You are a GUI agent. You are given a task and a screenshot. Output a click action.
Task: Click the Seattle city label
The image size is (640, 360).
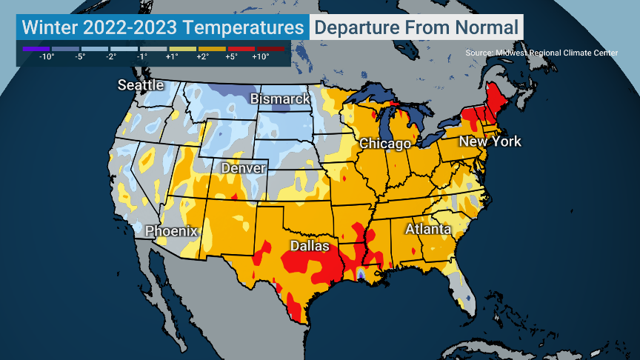141,85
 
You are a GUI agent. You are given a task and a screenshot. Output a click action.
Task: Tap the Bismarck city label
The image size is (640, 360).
280,99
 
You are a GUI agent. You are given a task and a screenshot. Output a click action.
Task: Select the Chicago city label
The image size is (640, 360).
385,144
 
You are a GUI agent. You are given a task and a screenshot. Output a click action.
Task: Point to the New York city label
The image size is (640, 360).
490,141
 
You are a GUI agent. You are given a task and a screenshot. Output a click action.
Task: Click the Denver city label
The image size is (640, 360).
244,169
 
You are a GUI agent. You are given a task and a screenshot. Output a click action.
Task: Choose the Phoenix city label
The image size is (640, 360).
171,231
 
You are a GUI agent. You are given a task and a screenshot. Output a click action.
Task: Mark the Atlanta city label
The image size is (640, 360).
427,229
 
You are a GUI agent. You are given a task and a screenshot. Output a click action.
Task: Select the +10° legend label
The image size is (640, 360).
260,57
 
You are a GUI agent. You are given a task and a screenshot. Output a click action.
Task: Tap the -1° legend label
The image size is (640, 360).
141,57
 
